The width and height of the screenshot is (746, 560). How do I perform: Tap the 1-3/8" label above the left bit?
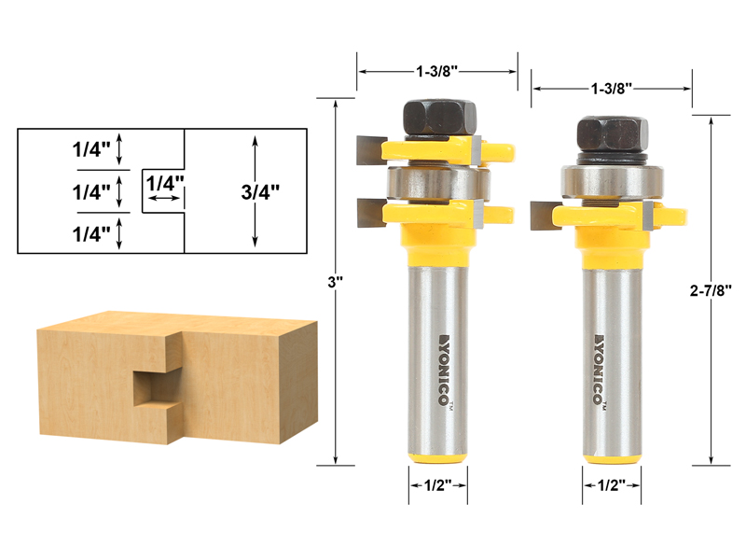coord(436,70)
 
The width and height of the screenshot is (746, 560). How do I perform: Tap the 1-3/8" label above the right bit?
coord(612,88)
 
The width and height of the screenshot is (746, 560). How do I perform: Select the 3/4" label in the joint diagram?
coord(260,191)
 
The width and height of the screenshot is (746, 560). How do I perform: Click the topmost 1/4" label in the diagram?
coord(91,148)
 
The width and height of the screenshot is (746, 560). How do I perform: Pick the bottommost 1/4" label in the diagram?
coord(91,231)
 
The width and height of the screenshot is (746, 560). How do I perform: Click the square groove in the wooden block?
coord(151,386)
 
